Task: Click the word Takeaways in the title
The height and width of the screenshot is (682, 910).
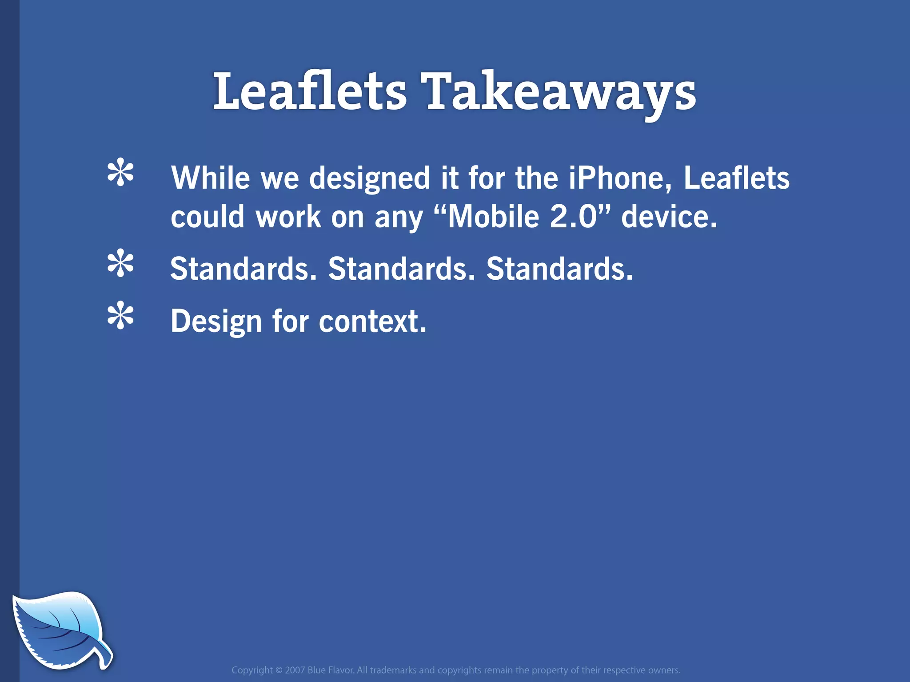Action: point(561,92)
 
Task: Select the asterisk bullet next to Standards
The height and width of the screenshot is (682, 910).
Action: point(120,264)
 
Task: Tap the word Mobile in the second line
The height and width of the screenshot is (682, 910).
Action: point(494,217)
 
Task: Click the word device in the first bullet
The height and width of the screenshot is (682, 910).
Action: point(669,217)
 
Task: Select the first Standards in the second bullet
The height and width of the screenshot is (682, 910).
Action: point(243,269)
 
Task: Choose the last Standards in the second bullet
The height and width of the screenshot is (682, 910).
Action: point(559,269)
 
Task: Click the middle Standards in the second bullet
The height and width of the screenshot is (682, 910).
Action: point(401,269)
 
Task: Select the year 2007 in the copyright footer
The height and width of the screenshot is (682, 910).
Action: point(295,670)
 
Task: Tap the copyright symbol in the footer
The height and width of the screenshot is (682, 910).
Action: point(279,670)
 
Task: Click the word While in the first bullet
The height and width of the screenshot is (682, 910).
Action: point(211,178)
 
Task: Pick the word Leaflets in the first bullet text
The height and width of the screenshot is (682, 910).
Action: point(736,178)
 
